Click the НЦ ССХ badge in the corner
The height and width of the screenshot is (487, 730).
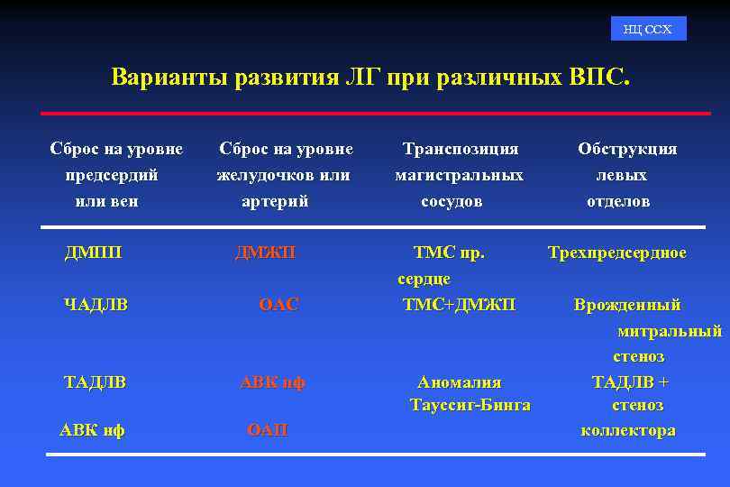[647, 30]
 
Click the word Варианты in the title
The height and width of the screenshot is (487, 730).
[169, 77]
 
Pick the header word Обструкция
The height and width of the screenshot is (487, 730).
[627, 149]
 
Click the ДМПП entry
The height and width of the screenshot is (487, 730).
[93, 253]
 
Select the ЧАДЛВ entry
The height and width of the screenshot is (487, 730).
[96, 305]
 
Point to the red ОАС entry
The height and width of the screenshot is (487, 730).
[278, 305]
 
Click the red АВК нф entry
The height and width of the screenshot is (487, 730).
[272, 382]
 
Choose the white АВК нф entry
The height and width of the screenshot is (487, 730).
[92, 430]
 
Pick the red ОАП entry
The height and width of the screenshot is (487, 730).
[268, 430]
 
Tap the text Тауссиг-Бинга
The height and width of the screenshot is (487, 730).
[470, 405]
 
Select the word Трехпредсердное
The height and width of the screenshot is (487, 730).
[617, 253]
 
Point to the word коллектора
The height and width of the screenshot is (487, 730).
[628, 430]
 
